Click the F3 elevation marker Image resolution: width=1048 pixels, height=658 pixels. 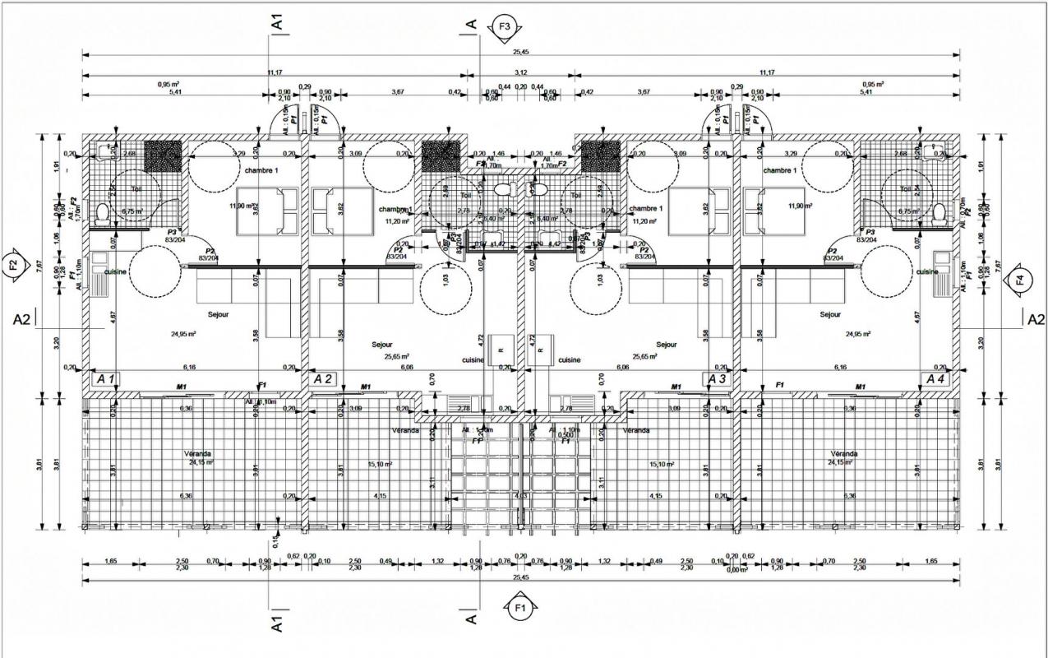[504, 26]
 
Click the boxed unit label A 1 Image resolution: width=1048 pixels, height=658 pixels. [106, 379]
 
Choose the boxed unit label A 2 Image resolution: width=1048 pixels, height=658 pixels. [323, 379]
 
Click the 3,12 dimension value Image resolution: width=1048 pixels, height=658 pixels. [520, 72]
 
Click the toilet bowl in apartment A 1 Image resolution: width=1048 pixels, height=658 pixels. [101, 214]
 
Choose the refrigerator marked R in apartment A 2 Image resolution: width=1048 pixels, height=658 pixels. [500, 350]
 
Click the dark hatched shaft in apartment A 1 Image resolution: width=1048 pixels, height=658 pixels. [163, 154]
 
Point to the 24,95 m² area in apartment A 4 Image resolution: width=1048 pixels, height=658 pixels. [858, 334]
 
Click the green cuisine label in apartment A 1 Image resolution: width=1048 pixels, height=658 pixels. [114, 271]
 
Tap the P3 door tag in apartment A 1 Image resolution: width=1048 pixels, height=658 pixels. [172, 233]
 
